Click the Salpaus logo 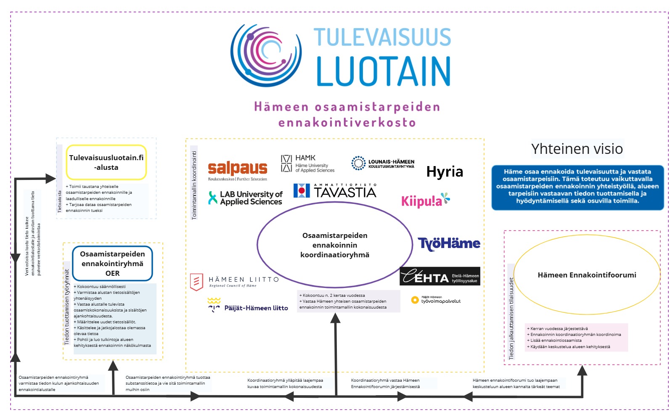(238, 171)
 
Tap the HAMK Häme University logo (307, 164)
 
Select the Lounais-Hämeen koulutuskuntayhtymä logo (383, 164)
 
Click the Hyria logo (445, 172)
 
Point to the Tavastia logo (335, 191)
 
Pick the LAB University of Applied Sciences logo (246, 198)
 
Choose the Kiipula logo (425, 201)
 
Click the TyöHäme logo (449, 243)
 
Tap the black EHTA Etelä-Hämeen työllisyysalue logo (440, 277)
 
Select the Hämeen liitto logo (234, 282)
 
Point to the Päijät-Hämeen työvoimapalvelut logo (436, 300)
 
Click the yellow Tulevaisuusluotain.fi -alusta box (106, 162)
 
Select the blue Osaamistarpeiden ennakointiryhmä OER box (112, 264)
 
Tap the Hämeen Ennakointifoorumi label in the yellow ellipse (587, 275)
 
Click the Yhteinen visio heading (577, 149)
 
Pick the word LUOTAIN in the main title (383, 71)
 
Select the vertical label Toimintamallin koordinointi (194, 185)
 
